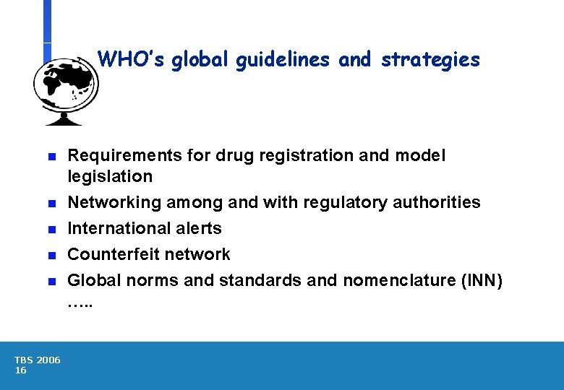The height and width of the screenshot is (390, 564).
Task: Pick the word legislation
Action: [110, 176]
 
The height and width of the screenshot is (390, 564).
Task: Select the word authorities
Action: [437, 202]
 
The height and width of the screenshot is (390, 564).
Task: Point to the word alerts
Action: [200, 228]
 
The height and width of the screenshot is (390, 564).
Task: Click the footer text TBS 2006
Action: [37, 360]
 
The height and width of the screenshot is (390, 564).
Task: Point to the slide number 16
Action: [20, 370]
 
